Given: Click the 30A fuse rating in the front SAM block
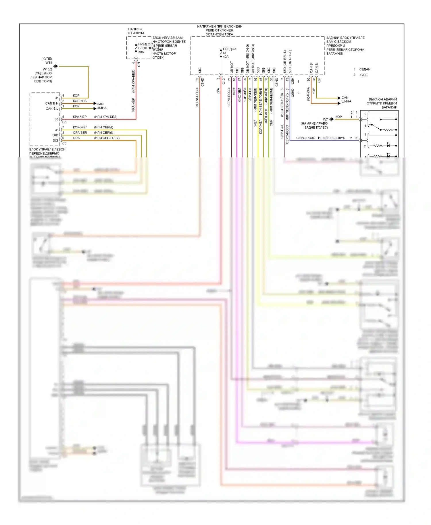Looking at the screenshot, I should coord(141,52).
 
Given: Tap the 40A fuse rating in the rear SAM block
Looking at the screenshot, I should coord(226,57).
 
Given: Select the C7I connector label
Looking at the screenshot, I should coord(139,65).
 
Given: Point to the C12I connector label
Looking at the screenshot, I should coord(224,81).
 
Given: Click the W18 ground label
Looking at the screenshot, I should coord(49,63).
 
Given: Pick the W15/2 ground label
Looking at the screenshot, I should coord(47,69).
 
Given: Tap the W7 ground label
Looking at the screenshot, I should coord(325,119).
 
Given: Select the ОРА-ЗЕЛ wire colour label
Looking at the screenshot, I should coord(80,133).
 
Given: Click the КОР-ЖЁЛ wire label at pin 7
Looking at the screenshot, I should coord(80,127).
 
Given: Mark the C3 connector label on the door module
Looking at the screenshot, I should coord(64,122).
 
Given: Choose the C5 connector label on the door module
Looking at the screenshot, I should coord(64,143).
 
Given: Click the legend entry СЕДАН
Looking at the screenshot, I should coord(365,70).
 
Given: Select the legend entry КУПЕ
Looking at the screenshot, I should coord(363,75).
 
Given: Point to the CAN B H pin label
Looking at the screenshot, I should coord(52,103).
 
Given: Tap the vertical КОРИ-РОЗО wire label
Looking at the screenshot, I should coord(197,97).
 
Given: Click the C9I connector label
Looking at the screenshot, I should coord(319,80).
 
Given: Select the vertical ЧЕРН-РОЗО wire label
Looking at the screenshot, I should coord(229,97).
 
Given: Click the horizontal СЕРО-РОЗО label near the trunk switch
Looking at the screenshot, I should coord(306,138).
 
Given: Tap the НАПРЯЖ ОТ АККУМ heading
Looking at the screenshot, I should coord(136,31).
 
